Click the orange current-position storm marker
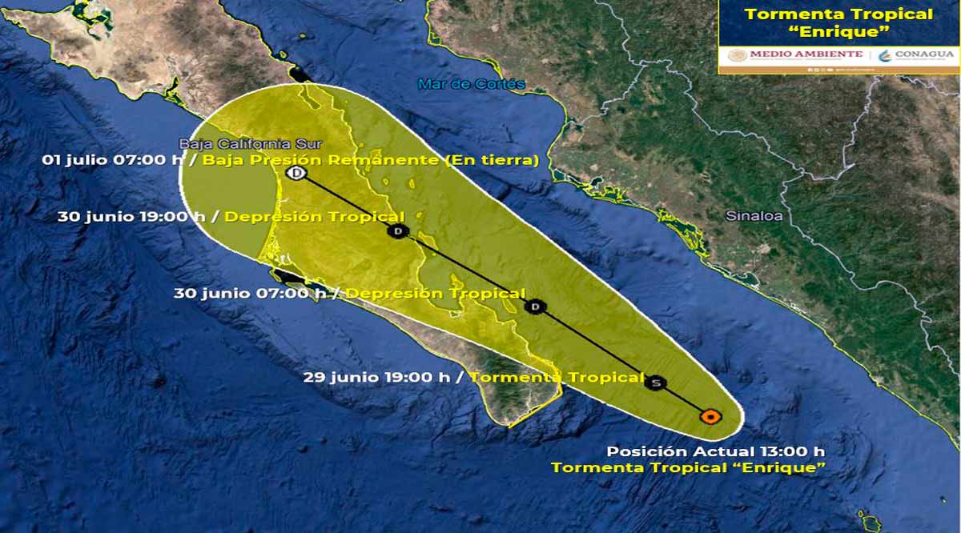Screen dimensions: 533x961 tap(710, 416)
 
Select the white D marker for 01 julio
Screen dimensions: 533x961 tap(296, 173)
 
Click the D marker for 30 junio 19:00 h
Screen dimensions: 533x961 tap(397, 231)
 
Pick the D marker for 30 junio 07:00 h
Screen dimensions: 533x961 tap(536, 307)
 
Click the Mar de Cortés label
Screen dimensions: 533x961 tap(472, 84)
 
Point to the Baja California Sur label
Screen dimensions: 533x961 tap(250, 144)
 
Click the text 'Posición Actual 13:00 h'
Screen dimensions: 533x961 tap(715, 451)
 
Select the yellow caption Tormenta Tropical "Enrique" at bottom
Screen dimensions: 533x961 tap(688, 467)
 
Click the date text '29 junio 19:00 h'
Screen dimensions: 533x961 tap(376, 377)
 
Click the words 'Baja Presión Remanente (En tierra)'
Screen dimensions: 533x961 tap(370, 160)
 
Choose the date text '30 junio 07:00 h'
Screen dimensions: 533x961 tap(251, 294)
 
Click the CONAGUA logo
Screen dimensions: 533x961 tap(916, 54)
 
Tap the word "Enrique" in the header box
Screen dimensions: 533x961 tap(838, 34)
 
